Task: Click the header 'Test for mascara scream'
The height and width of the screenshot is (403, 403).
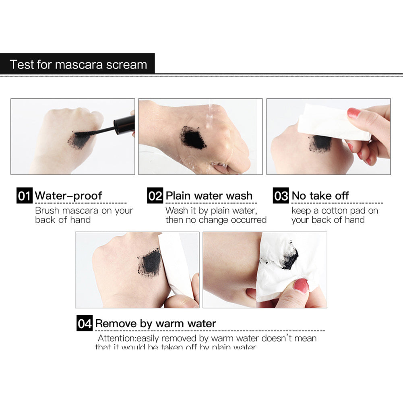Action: pyautogui.click(x=78, y=64)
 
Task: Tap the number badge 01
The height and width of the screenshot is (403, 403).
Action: pyautogui.click(x=24, y=196)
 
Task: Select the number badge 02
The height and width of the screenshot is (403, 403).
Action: pyautogui.click(x=155, y=196)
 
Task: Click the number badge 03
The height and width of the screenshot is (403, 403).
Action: pyautogui.click(x=281, y=196)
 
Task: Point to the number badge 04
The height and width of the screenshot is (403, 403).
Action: pyautogui.click(x=85, y=324)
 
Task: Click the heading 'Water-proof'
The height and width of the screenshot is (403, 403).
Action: pyautogui.click(x=68, y=196)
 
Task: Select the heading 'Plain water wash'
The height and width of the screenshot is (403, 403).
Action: pyautogui.click(x=209, y=196)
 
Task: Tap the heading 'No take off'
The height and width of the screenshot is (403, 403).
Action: pyautogui.click(x=320, y=196)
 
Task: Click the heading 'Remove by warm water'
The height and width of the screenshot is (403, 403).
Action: pyautogui.click(x=155, y=324)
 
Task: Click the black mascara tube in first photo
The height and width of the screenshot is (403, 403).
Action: pyautogui.click(x=125, y=124)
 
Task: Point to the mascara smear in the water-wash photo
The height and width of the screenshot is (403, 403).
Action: pyautogui.click(x=193, y=138)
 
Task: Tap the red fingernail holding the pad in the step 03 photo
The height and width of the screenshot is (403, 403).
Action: pyautogui.click(x=353, y=113)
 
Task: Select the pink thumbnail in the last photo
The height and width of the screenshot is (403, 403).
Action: pyautogui.click(x=301, y=286)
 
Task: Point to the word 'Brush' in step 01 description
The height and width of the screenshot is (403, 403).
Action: pyautogui.click(x=47, y=211)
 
